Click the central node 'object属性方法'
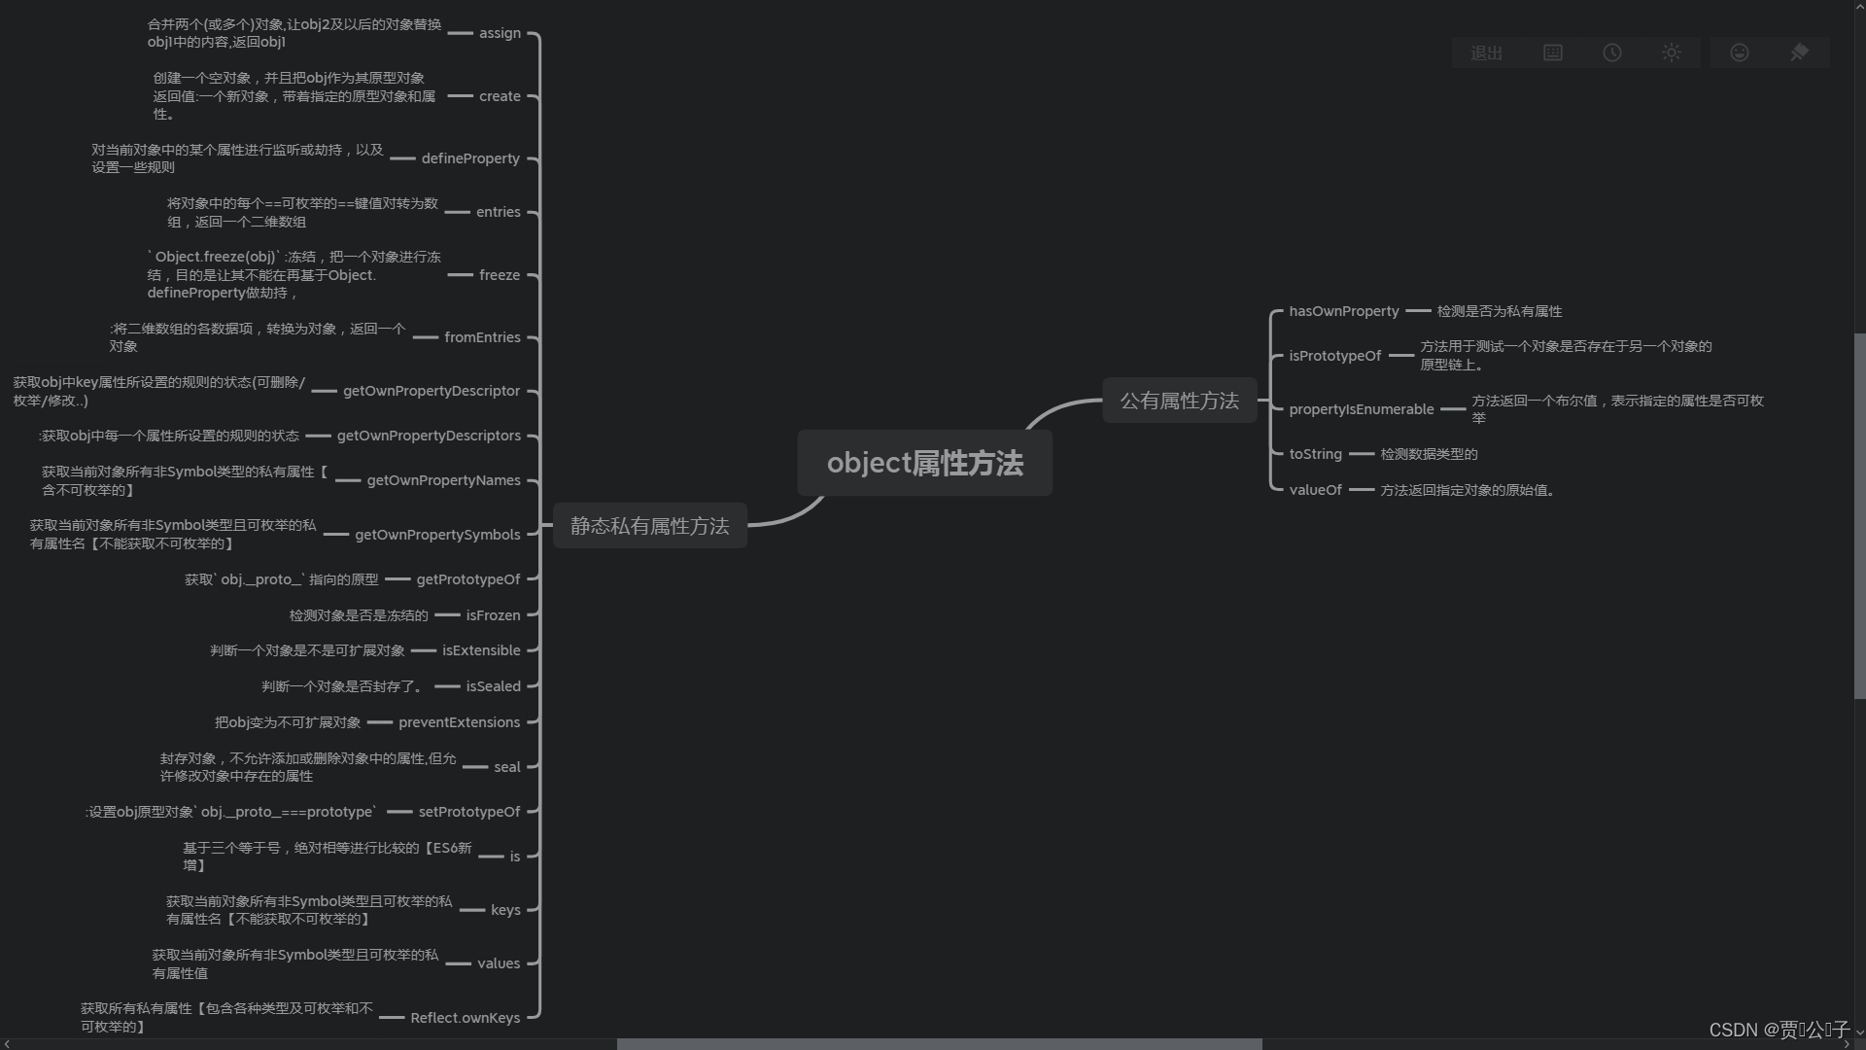[924, 464]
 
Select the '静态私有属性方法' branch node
[649, 526]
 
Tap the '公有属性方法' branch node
[1179, 401]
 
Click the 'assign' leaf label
[500, 33]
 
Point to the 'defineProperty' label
[470, 158]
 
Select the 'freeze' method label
[500, 275]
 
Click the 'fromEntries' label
[482, 337]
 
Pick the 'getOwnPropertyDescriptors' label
[429, 436]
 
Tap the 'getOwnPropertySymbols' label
[437, 535]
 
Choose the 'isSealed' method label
[493, 686]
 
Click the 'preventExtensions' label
[459, 722]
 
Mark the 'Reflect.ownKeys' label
[465, 1018]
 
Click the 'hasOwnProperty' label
[1344, 311]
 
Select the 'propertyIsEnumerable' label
[1361, 409]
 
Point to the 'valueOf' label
[1315, 490]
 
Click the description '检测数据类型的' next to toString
[1429, 454]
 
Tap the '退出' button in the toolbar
[1486, 53]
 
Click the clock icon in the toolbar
[1612, 53]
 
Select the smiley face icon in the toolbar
[1740, 53]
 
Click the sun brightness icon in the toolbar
[1672, 53]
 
